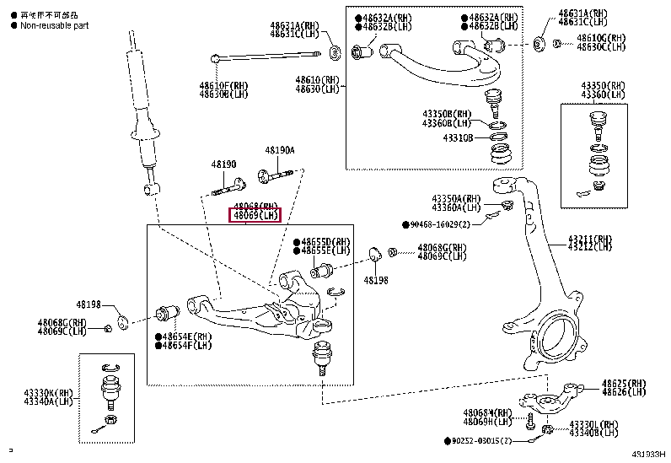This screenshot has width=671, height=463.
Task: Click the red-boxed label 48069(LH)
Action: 256,216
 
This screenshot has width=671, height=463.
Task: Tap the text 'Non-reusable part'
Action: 53,25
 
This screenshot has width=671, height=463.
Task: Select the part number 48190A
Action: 280,150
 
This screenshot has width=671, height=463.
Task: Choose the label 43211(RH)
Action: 589,239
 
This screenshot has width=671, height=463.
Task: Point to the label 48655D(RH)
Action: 325,241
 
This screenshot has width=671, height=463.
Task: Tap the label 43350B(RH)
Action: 448,114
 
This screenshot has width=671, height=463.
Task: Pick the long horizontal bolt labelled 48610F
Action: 266,57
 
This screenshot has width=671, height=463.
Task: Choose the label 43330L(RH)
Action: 593,424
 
